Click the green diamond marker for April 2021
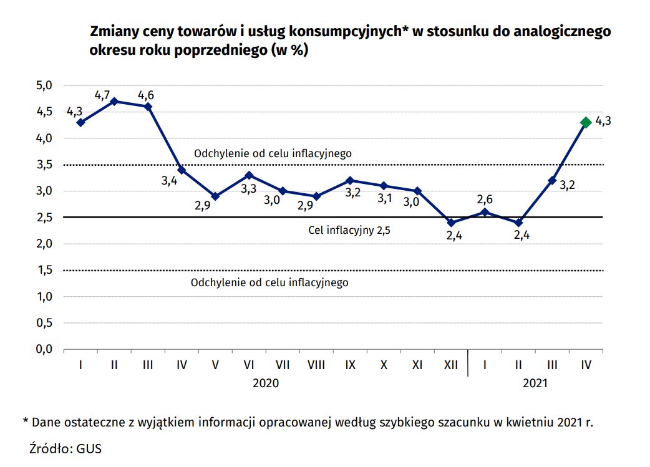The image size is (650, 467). pyautogui.click(x=586, y=122)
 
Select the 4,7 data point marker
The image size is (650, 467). pyautogui.click(x=114, y=101)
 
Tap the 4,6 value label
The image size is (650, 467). pyautogui.click(x=147, y=95)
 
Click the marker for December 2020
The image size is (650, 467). pyautogui.click(x=451, y=223)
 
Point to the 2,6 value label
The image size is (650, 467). pyautogui.click(x=484, y=200)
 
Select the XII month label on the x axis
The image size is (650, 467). pyautogui.click(x=451, y=365)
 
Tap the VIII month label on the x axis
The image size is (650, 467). pyautogui.click(x=316, y=365)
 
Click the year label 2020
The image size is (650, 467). pyautogui.click(x=266, y=383)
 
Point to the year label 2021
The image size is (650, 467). pyautogui.click(x=535, y=383)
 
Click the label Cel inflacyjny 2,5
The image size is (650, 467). pyautogui.click(x=349, y=230)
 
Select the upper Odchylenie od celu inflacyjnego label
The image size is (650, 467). pyautogui.click(x=273, y=153)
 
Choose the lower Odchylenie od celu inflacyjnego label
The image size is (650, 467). pyautogui.click(x=269, y=282)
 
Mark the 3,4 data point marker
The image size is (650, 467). pyautogui.click(x=182, y=170)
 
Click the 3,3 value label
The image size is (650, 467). pyautogui.click(x=248, y=189)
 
